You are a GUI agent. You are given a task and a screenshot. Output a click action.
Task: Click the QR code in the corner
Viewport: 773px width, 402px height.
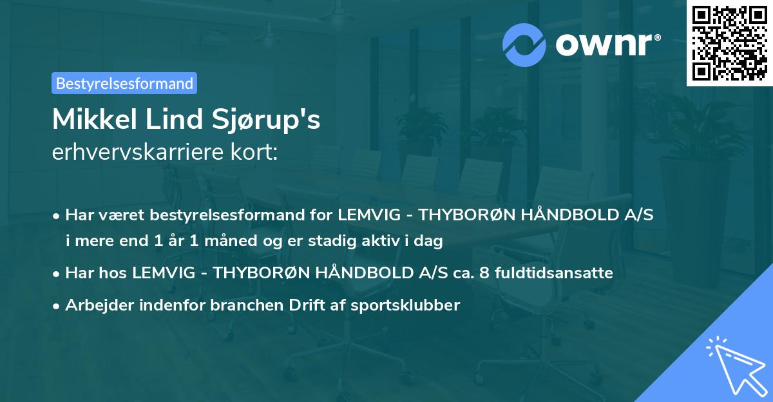pyautogui.click(x=729, y=43)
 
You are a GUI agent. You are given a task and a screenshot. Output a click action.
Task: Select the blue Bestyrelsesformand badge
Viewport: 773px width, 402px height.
pyautogui.click(x=124, y=83)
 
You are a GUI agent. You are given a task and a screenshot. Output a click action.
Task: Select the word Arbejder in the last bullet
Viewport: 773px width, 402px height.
pyautogui.click(x=97, y=305)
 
